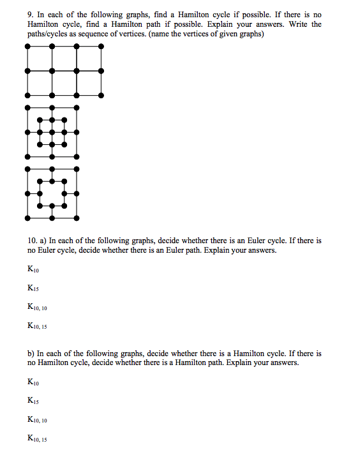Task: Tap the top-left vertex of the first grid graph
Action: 27,47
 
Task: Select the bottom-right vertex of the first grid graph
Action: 101,94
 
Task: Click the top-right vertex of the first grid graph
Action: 101,47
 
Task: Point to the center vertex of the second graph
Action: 52,132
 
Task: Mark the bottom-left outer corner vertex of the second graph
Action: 27,157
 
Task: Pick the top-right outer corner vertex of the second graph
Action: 77,107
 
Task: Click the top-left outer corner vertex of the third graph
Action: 27,169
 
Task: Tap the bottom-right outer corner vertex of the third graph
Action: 77,218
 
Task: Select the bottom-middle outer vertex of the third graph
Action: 52,218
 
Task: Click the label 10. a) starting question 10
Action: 37,241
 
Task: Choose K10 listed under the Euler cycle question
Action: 33,270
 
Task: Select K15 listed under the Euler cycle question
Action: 33,289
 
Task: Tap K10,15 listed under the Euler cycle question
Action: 37,327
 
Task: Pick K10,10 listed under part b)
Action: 37,420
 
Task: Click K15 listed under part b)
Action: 33,401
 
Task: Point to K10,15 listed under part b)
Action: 37,439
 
